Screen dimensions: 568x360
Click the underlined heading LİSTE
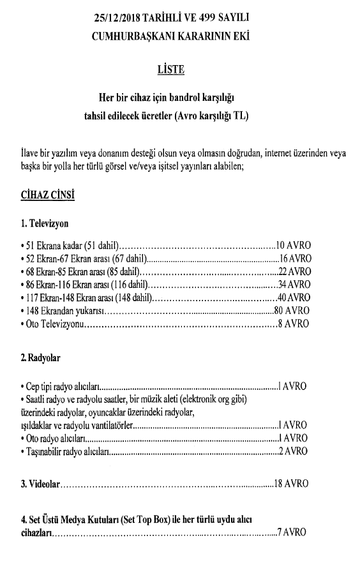click(x=170, y=69)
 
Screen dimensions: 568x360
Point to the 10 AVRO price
click(x=293, y=246)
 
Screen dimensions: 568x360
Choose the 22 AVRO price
click(x=294, y=272)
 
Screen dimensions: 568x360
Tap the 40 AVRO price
click(x=294, y=298)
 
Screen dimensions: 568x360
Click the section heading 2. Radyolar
click(x=41, y=359)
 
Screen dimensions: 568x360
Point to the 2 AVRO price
click(x=293, y=452)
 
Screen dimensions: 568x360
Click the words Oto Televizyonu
click(x=55, y=324)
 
